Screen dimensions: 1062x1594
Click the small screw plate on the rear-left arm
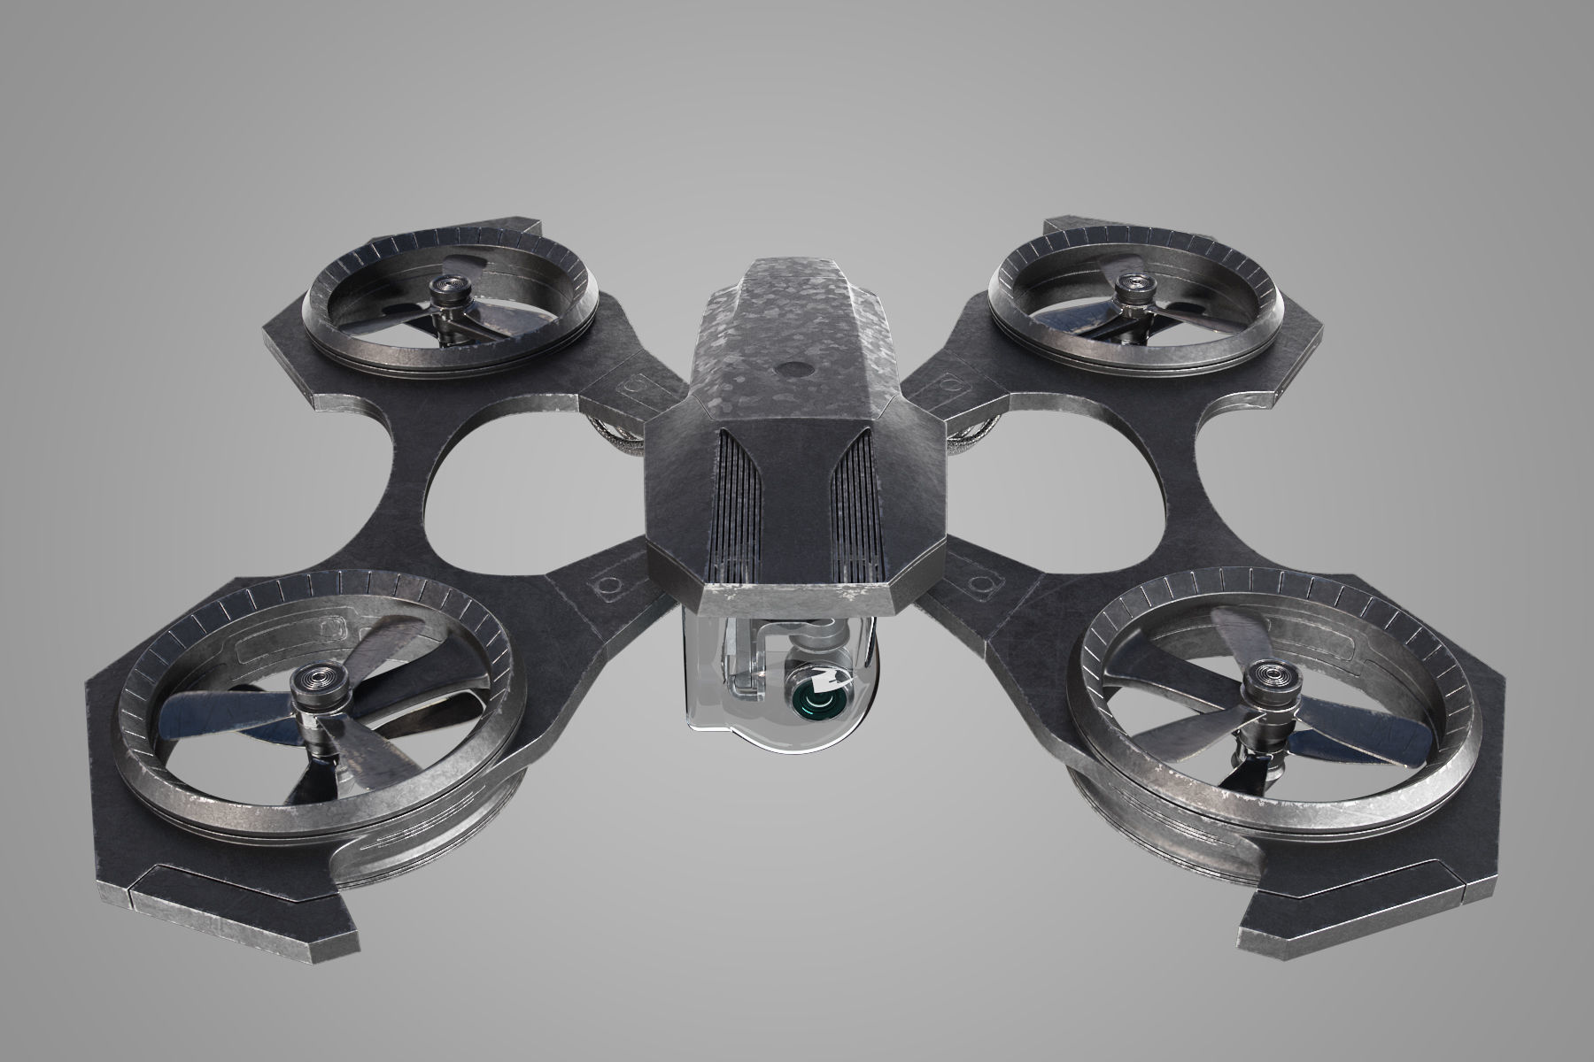tap(635, 387)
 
